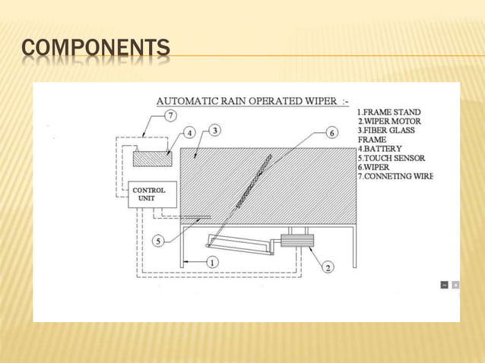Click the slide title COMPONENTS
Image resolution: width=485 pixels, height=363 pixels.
coord(96,51)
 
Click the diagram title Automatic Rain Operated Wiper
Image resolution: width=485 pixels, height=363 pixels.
coord(252,101)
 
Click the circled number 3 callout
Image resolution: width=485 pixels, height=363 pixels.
coord(216,131)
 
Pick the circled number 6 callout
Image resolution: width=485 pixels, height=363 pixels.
coord(331,133)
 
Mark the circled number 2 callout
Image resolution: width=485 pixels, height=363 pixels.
coord(328,267)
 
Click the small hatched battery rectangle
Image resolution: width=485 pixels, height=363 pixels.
coord(152,159)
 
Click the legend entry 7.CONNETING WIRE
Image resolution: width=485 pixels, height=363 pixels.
coord(395,176)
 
